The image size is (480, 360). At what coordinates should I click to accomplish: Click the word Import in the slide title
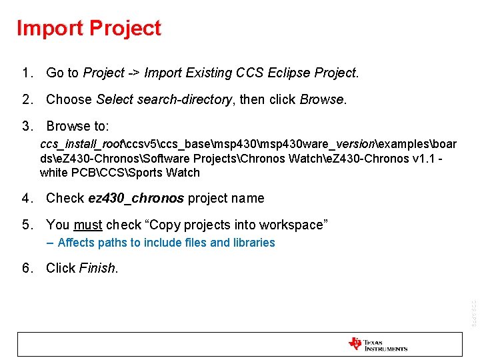[50, 29]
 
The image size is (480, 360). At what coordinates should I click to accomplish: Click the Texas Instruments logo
[377, 345]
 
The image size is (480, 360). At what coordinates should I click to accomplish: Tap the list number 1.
[25, 73]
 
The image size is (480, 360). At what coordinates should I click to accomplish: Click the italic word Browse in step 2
[321, 100]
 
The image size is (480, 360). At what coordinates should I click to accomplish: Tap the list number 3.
[25, 127]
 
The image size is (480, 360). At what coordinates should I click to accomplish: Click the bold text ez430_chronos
[136, 199]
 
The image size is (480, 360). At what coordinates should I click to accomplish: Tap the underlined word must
[88, 225]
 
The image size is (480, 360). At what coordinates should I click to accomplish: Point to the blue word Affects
[77, 243]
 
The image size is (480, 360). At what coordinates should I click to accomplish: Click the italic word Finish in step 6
[97, 269]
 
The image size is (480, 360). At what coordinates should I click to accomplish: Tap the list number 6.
[25, 269]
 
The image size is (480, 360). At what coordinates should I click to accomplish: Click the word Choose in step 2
[69, 100]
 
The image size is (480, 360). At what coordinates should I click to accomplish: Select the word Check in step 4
[65, 199]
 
